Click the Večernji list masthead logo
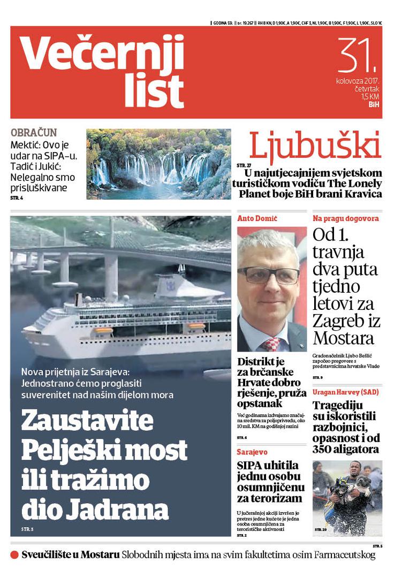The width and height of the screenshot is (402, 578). tap(102, 73)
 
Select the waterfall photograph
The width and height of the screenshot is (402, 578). tap(158, 164)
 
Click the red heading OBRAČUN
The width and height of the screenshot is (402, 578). tap(33, 133)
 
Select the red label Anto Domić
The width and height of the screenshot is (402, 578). tap(257, 218)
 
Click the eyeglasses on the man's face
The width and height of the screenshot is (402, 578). tap(268, 275)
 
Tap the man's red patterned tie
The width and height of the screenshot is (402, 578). tap(272, 343)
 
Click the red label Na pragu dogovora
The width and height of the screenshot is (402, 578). tap(346, 218)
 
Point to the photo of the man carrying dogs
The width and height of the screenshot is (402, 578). tap(347, 498)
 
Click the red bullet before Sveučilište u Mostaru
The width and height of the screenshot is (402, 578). tap(14, 555)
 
